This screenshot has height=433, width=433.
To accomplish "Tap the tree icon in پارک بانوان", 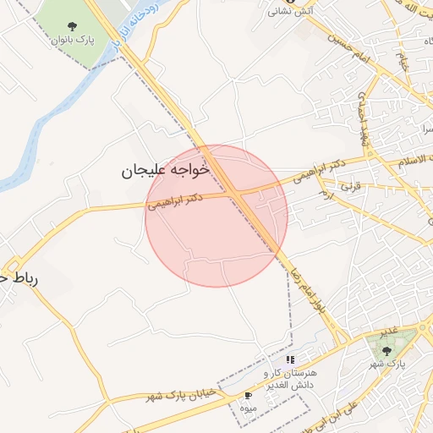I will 66,25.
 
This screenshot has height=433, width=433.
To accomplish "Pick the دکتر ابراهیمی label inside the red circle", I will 175,200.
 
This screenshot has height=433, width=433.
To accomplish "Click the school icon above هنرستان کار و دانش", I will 290,360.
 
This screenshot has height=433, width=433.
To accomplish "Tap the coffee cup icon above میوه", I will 248,395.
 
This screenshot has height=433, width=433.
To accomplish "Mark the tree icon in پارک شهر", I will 387,350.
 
